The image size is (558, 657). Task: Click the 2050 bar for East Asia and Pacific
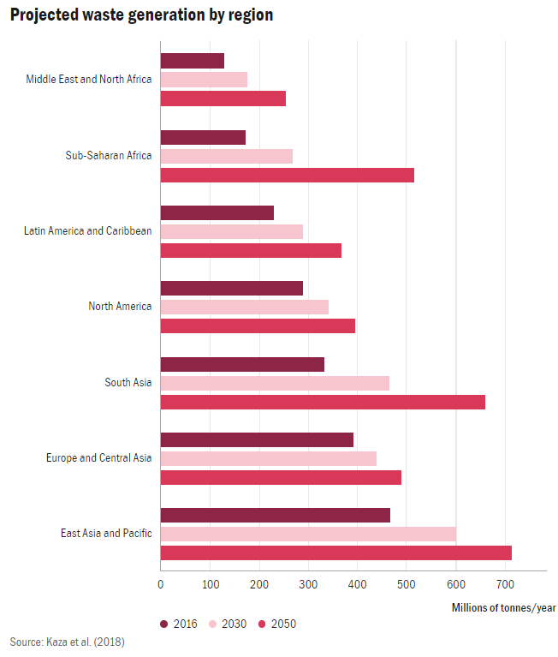pyautogui.click(x=335, y=552)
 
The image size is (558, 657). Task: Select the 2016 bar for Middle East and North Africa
pyautogui.click(x=192, y=61)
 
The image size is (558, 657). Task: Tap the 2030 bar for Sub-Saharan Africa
pyautogui.click(x=226, y=156)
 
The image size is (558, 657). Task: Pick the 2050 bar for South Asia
pyautogui.click(x=323, y=402)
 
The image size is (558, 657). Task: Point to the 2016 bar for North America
pyautogui.click(x=231, y=288)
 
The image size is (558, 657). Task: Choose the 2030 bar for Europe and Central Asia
pyautogui.click(x=268, y=458)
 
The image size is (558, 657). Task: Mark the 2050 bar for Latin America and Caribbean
pyautogui.click(x=251, y=250)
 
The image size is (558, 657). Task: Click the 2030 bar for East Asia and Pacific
pyautogui.click(x=308, y=534)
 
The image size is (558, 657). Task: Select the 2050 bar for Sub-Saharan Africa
pyautogui.click(x=287, y=175)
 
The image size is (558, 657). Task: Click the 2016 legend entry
pyautogui.click(x=179, y=624)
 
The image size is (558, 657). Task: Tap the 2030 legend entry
pyautogui.click(x=228, y=624)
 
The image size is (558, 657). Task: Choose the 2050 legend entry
pyautogui.click(x=277, y=624)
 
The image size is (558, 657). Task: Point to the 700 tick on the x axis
pyautogui.click(x=505, y=585)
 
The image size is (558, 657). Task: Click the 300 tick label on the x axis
pyautogui.click(x=308, y=585)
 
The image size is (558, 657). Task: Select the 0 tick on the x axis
pyautogui.click(x=160, y=585)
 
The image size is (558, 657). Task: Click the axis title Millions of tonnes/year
pyautogui.click(x=503, y=607)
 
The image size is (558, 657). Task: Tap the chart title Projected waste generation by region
pyautogui.click(x=142, y=16)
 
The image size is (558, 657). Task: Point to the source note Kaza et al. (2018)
pyautogui.click(x=68, y=642)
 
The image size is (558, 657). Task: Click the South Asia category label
pyautogui.click(x=128, y=382)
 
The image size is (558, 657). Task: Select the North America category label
pyautogui.click(x=120, y=307)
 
